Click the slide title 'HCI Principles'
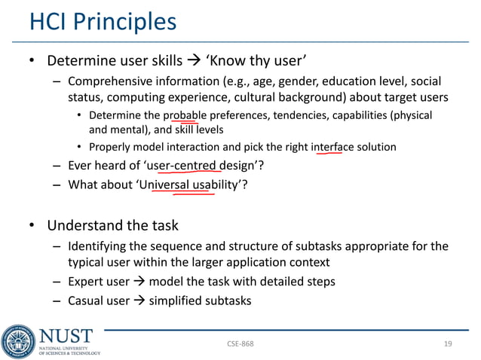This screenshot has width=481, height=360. tap(103, 21)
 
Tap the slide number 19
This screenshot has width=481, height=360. tap(448, 344)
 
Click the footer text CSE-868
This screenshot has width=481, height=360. tap(240, 344)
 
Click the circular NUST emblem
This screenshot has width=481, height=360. tap(17, 340)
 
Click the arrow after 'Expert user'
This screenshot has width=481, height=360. tap(139, 282)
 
